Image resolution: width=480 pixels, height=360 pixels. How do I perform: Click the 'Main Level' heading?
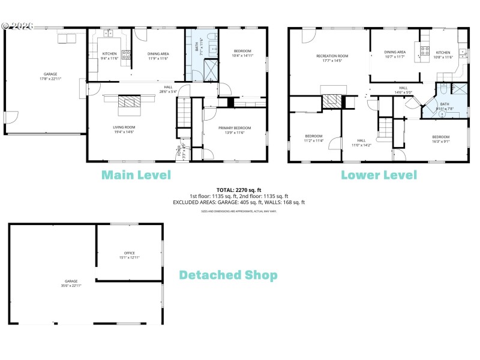click(136, 175)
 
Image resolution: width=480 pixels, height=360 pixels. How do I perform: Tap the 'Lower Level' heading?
click(379, 175)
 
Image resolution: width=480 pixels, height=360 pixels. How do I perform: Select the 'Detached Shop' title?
click(228, 275)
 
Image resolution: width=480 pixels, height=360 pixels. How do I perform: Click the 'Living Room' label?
click(124, 127)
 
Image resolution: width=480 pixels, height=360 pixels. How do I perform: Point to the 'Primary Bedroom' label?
click(234, 128)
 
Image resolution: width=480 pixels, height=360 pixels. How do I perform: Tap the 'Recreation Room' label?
click(332, 56)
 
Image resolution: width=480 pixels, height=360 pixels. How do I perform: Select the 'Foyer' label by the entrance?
click(179, 151)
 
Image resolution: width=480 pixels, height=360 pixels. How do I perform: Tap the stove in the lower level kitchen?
click(425, 50)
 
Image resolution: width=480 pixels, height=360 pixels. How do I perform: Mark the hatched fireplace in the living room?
click(129, 106)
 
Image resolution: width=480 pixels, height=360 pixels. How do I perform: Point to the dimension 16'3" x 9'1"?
click(441, 142)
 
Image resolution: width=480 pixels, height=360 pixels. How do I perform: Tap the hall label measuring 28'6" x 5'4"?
click(169, 89)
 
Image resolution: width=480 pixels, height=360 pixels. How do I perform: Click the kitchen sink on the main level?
click(109, 33)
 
